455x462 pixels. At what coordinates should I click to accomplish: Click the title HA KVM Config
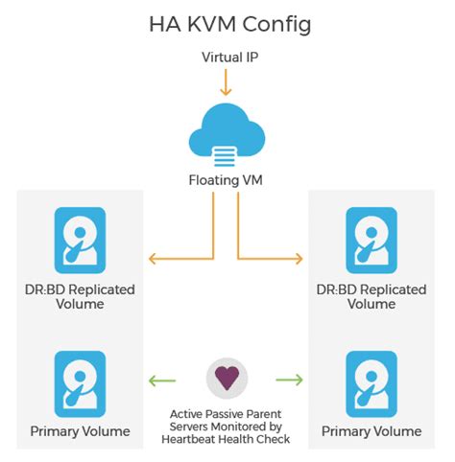coord(230,25)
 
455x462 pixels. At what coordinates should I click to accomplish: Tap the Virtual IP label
coord(227,58)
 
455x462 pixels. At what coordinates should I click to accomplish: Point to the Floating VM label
coord(227,179)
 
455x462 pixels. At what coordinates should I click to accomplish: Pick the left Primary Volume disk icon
coord(80,382)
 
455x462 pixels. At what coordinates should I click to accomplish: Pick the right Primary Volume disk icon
coord(370,382)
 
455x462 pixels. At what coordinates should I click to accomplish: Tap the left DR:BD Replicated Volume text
coord(80,296)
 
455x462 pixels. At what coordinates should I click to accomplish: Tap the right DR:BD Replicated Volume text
coord(370,296)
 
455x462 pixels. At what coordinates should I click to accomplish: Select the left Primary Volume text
coord(80,431)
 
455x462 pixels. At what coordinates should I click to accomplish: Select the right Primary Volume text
coord(370,431)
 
